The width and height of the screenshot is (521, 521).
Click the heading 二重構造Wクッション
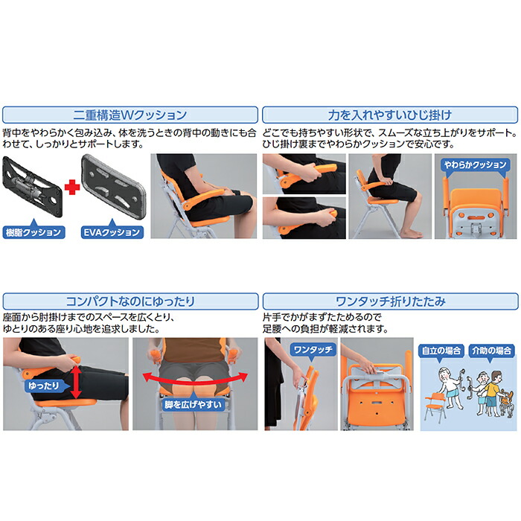coord(130,115)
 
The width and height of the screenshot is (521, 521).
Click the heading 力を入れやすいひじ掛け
coord(390,115)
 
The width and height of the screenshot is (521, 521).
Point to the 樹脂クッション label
coord(32,231)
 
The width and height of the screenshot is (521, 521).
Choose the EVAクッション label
coord(111,231)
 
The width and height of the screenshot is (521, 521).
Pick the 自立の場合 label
coord(441,350)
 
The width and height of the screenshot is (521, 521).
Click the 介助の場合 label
coord(489,350)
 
